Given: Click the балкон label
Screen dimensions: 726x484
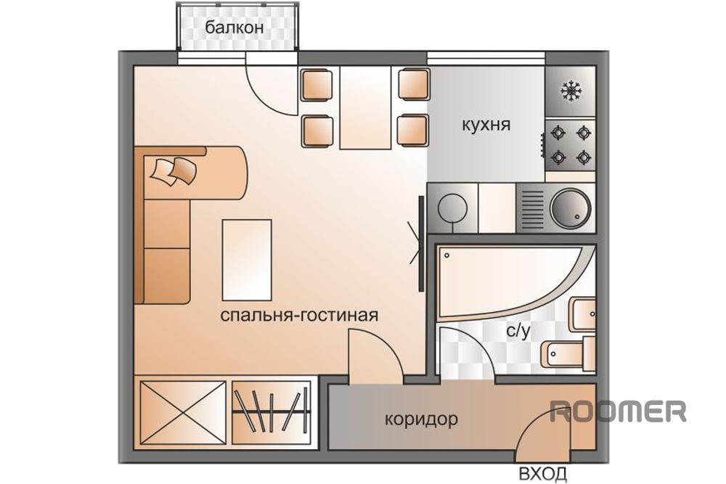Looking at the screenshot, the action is (234, 28).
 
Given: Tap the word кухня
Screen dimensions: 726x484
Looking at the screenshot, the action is (486, 125).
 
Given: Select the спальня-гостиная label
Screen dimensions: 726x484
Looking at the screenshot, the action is (299, 315).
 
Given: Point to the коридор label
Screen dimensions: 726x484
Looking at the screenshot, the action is (421, 419).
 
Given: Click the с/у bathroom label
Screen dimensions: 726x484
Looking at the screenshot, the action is (518, 331).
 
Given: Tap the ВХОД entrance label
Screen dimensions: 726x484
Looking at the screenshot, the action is (542, 474).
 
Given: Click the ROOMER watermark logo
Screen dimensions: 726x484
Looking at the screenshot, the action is (618, 411).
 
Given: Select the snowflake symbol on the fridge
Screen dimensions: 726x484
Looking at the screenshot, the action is (571, 91).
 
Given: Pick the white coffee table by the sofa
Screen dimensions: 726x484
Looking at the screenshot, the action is (247, 260).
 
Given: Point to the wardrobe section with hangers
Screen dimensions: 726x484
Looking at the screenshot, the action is (271, 413).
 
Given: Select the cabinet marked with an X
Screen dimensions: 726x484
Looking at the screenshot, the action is (183, 413).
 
